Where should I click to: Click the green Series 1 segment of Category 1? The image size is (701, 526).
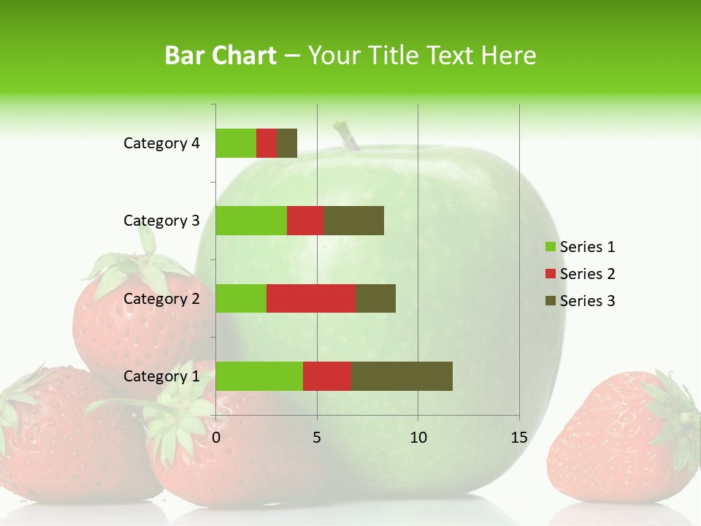[259, 376]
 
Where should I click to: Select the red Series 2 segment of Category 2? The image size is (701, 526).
[311, 298]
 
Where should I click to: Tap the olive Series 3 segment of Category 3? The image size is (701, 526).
[353, 221]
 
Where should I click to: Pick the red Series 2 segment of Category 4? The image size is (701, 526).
[267, 143]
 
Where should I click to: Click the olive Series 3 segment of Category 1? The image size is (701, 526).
[402, 376]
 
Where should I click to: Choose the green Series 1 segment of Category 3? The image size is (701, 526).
[251, 221]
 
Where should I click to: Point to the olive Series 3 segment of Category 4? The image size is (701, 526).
[287, 143]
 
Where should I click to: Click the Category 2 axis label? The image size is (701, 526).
[161, 298]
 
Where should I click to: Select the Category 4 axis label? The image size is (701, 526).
[161, 143]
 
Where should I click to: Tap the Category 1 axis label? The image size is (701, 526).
[161, 376]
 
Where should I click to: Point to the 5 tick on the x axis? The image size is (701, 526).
[317, 438]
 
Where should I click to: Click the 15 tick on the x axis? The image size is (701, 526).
[518, 438]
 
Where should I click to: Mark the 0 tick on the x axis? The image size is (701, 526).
[216, 438]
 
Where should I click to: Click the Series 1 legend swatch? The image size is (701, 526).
[550, 247]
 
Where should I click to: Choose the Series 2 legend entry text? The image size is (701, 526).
[587, 274]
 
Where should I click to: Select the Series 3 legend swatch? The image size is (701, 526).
[550, 301]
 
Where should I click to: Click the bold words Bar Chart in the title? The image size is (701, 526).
[221, 56]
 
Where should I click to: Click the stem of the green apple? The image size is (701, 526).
[348, 136]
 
